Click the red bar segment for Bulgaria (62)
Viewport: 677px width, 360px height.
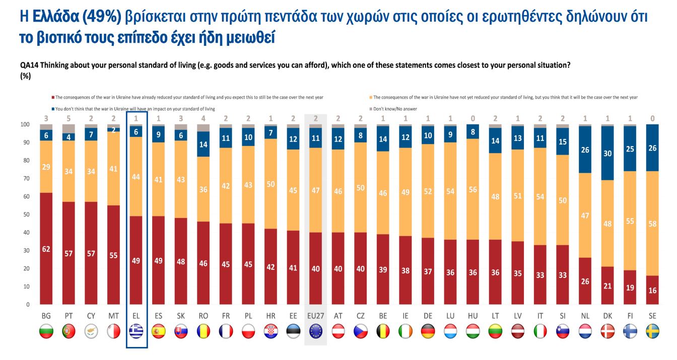point(46,248)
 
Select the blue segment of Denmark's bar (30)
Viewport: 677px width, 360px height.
point(608,153)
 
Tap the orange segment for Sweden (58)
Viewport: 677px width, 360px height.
point(652,224)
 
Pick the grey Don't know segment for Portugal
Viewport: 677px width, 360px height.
point(69,128)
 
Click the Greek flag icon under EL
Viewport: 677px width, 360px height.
point(137,331)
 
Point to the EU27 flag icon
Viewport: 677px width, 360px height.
point(315,331)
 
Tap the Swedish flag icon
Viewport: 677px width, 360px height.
point(652,331)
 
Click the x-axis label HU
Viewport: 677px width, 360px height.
point(473,316)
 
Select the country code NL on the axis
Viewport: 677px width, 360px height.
point(585,316)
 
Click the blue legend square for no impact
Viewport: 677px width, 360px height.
point(52,109)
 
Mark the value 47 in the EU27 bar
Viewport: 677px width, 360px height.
point(315,190)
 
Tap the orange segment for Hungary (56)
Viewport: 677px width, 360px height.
point(473,189)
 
